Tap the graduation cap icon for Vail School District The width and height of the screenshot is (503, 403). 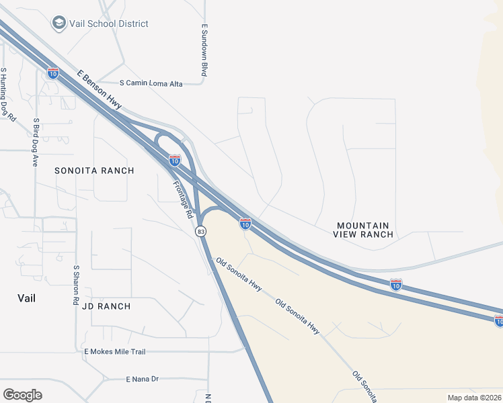pyautogui.click(x=59, y=24)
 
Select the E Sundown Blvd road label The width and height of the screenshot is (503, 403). pyautogui.click(x=204, y=50)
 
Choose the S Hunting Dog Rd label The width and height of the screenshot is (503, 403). pyautogui.click(x=7, y=93)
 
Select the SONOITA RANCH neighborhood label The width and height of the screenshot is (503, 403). pyautogui.click(x=94, y=171)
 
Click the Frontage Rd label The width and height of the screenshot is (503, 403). pyautogui.click(x=183, y=200)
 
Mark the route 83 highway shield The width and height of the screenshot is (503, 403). pyautogui.click(x=200, y=231)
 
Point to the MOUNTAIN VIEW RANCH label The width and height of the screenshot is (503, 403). pyautogui.click(x=362, y=230)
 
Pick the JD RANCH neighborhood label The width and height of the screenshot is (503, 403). pyautogui.click(x=106, y=306)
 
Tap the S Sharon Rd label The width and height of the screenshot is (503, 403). pyautogui.click(x=75, y=285)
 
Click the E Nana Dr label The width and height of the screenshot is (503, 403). pyautogui.click(x=142, y=379)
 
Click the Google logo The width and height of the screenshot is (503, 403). pyautogui.click(x=22, y=395)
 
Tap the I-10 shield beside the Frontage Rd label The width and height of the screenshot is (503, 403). pyautogui.click(x=175, y=161)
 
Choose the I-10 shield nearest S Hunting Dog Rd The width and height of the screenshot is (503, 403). pyautogui.click(x=53, y=73)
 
